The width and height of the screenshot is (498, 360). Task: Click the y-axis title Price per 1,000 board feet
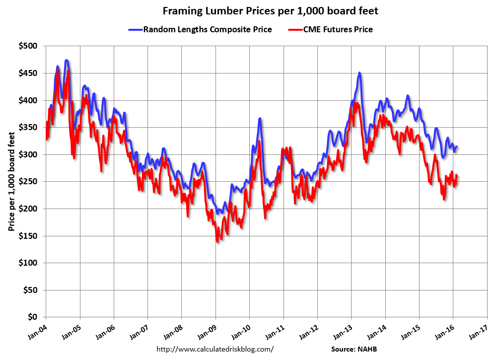[x=10, y=181]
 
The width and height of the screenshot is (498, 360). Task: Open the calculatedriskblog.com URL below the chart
[x=215, y=349]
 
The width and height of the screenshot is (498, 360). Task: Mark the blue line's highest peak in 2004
[x=66, y=61]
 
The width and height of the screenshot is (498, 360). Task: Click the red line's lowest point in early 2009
[x=217, y=241]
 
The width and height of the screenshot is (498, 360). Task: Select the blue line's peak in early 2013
[x=359, y=73]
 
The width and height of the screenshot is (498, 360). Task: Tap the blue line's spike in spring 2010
[x=260, y=119]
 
